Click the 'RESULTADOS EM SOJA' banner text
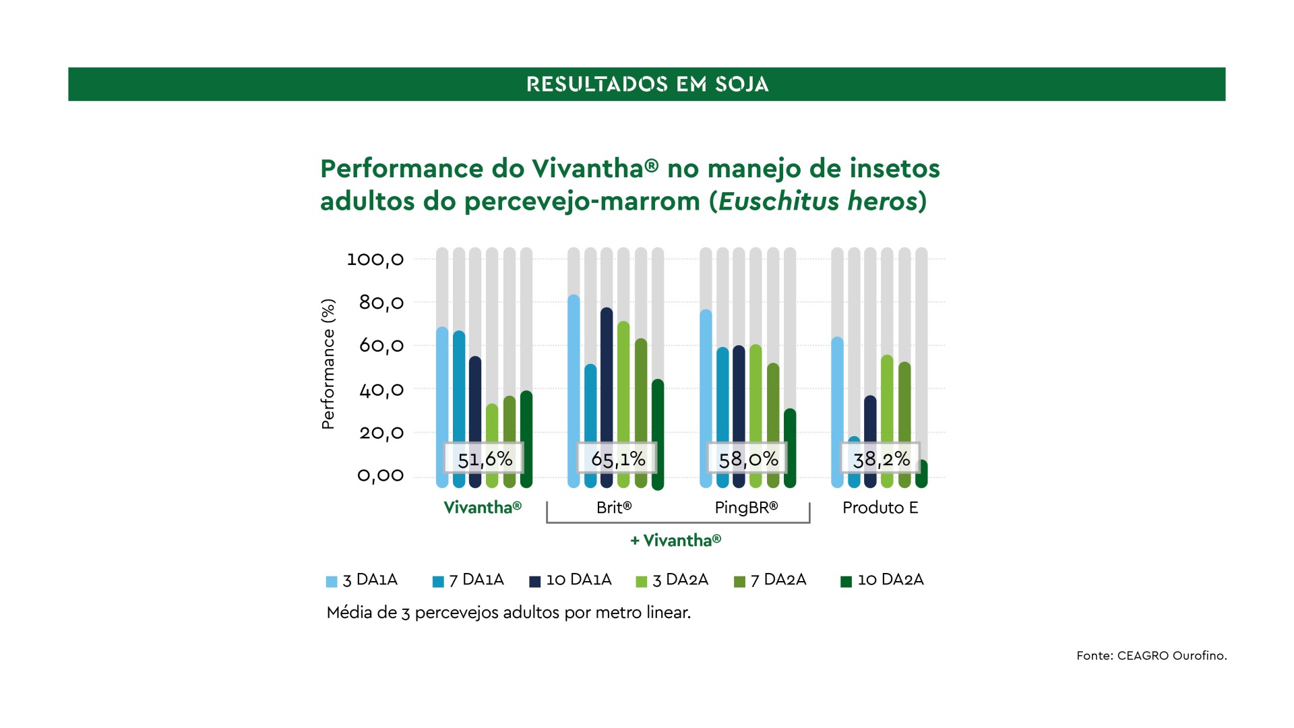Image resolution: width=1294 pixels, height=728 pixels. pyautogui.click(x=647, y=84)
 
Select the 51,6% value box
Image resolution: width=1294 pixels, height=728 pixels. pyautogui.click(x=484, y=459)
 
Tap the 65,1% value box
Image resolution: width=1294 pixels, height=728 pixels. pyautogui.click(x=617, y=459)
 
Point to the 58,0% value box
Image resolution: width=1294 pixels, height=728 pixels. pyautogui.click(x=747, y=459)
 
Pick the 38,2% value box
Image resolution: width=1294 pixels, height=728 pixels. pyautogui.click(x=881, y=459)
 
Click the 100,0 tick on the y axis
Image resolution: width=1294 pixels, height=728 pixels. pyautogui.click(x=375, y=259)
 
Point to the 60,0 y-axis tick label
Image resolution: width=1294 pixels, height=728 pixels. pyautogui.click(x=381, y=346)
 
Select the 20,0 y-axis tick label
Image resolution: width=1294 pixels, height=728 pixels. pyautogui.click(x=381, y=433)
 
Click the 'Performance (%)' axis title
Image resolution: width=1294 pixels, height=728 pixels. pyautogui.click(x=328, y=364)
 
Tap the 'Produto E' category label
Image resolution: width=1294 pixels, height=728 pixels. pyautogui.click(x=880, y=508)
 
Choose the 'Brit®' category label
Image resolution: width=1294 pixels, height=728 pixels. pyautogui.click(x=614, y=508)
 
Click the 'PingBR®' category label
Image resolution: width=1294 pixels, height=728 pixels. pyautogui.click(x=746, y=508)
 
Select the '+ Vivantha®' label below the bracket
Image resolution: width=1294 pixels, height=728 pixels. pyautogui.click(x=675, y=541)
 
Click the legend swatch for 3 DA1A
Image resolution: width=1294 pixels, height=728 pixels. pyautogui.click(x=332, y=582)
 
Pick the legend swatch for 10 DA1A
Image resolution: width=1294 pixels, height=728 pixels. pyautogui.click(x=535, y=582)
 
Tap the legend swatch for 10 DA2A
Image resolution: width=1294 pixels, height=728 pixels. pyautogui.click(x=846, y=582)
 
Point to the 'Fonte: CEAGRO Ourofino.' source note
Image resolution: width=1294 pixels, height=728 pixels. pyautogui.click(x=1151, y=655)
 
